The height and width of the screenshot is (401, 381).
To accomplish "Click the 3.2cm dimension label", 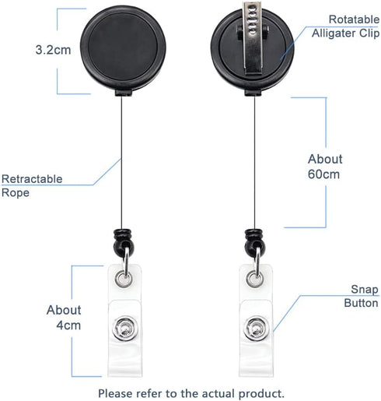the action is (53, 50).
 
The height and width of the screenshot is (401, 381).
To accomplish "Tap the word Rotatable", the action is (354, 19).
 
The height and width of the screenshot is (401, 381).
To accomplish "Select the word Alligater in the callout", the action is (334, 33).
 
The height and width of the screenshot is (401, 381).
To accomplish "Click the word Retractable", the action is (32, 179).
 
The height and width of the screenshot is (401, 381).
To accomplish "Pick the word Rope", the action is (16, 193).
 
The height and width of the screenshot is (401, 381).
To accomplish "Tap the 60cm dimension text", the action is (323, 174).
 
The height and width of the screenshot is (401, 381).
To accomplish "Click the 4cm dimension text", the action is (68, 325).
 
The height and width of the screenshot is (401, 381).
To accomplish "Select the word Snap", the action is (365, 290).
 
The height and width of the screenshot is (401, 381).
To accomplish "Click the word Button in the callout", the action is (361, 303).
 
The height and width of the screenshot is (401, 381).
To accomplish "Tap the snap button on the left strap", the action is (125, 329).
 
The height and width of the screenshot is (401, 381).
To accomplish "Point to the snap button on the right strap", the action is (257, 329).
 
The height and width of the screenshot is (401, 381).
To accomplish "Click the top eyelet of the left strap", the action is (123, 280).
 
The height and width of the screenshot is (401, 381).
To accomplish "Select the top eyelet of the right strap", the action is (254, 280).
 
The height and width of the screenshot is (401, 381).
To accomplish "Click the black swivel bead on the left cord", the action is (124, 242).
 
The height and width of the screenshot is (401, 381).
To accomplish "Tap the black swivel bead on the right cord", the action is (254, 242).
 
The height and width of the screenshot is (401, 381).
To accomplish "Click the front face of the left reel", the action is (123, 46).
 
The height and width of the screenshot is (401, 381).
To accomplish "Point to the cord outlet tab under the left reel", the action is (124, 93).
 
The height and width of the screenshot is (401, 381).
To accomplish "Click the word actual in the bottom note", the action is (218, 393).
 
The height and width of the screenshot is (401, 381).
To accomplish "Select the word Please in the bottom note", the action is (116, 393).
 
